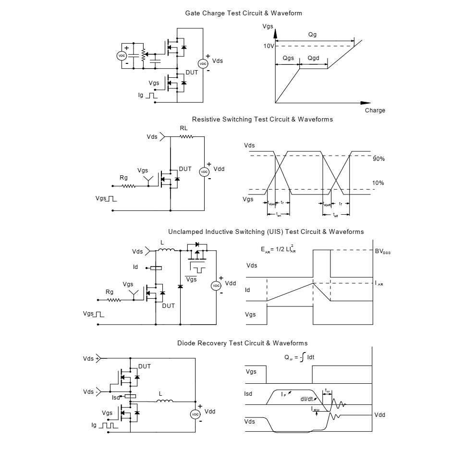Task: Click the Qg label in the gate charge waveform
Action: pos(313,35)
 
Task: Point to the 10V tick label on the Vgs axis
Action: pos(269,46)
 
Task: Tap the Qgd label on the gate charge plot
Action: pos(313,58)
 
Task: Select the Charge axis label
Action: pos(375,110)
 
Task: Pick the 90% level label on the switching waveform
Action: pos(379,159)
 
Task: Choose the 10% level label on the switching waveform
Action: pos(379,183)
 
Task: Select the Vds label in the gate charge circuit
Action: pos(217,61)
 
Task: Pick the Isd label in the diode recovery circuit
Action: pos(116,397)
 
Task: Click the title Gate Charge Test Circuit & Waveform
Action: pos(244,13)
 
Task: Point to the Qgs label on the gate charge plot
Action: pos(288,58)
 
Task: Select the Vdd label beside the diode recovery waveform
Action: pos(379,415)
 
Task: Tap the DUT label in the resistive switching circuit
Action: pos(185,169)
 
